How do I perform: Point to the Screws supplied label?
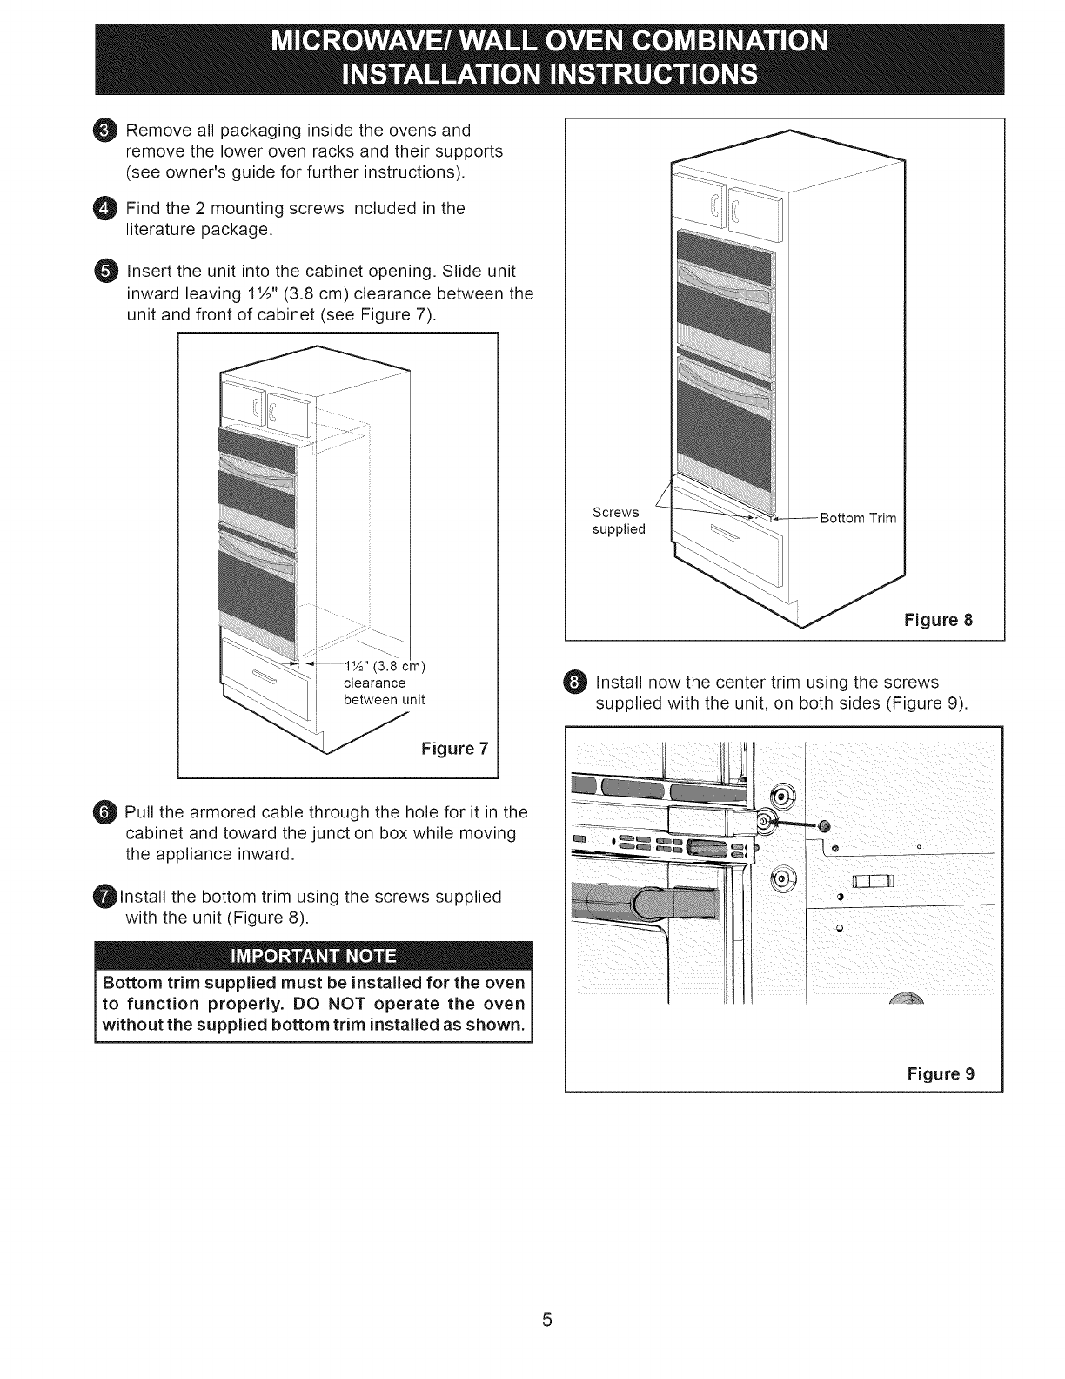coord(619,521)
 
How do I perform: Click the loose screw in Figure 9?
coord(825,825)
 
